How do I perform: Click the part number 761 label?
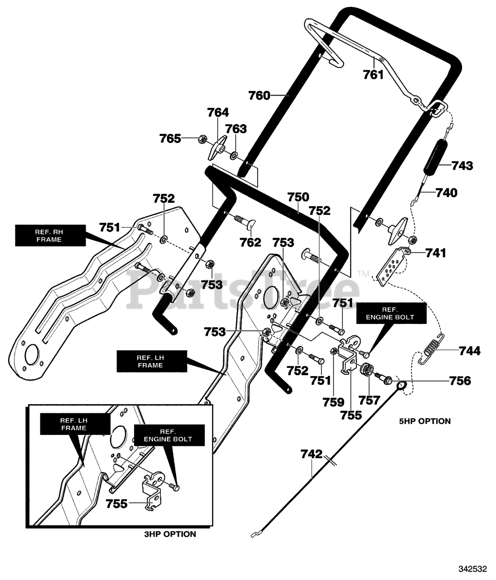coord(373,75)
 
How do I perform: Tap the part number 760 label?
coord(259,96)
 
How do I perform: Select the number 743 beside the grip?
coord(462,166)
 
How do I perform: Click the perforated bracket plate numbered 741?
coord(391,266)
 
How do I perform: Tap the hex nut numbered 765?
coord(202,139)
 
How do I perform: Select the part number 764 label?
coord(218,112)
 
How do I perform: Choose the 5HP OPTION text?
coord(425,429)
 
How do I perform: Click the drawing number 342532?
coord(473,569)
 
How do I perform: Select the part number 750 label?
coord(298,197)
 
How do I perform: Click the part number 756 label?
coord(460,381)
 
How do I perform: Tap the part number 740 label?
coord(447,193)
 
